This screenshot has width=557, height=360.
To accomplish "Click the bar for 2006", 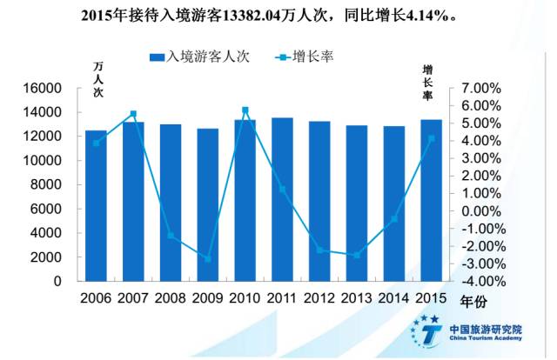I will (96, 206).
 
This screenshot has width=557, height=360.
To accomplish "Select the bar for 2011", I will (282, 200).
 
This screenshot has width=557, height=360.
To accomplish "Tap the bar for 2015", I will (431, 201).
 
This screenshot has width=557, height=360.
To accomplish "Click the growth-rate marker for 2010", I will (245, 110).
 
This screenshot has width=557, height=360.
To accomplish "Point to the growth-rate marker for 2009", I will (207, 259).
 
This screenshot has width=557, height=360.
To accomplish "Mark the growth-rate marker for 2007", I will (133, 114).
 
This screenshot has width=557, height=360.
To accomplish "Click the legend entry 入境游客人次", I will (199, 57).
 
